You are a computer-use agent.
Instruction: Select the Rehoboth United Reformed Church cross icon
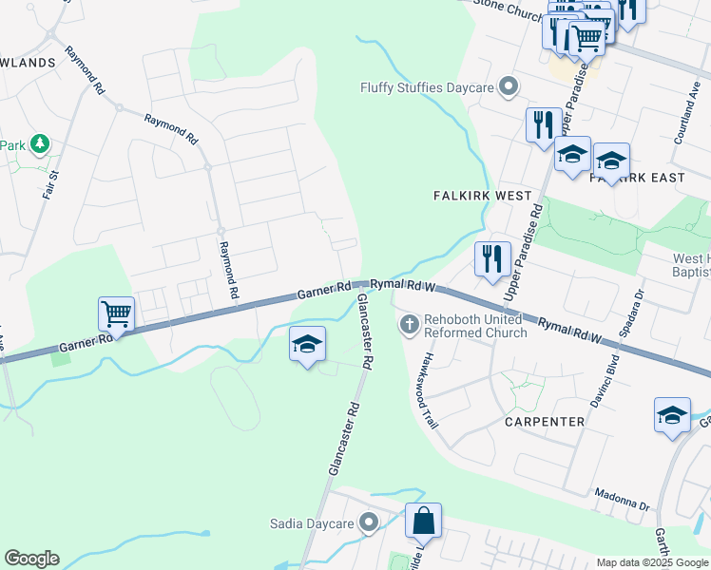(x=410, y=326)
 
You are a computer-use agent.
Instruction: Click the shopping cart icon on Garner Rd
(x=116, y=313)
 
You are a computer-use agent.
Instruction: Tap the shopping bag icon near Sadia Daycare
(x=423, y=521)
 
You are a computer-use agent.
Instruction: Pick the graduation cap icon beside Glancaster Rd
(x=307, y=345)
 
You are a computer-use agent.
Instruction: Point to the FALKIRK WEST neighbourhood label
(x=482, y=196)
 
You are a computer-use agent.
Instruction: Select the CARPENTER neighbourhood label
(x=544, y=421)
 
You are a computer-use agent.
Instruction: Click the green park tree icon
(x=39, y=144)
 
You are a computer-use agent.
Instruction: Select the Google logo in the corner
(x=31, y=559)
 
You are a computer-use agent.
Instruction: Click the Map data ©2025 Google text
(x=653, y=562)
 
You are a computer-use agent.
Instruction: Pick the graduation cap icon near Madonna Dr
(x=672, y=415)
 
